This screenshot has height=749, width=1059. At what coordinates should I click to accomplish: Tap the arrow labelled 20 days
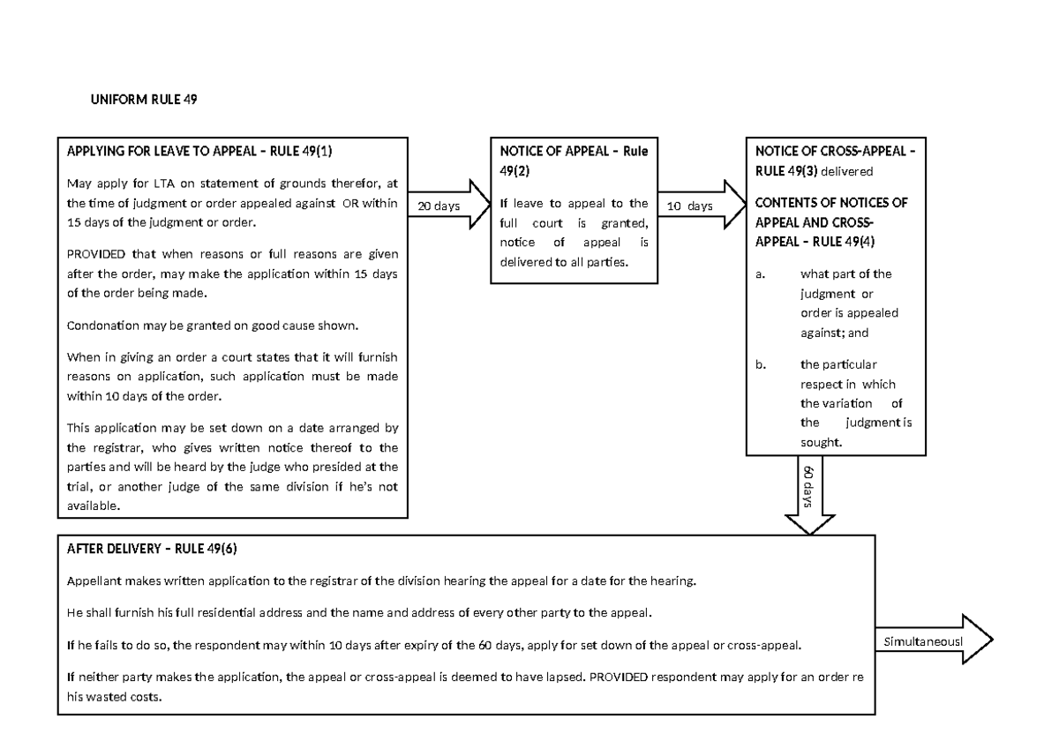449,206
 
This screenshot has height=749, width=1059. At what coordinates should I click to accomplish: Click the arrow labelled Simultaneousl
934,641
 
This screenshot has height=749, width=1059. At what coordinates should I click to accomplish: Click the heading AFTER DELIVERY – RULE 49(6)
152,549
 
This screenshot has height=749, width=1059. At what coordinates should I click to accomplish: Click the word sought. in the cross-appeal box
821,442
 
